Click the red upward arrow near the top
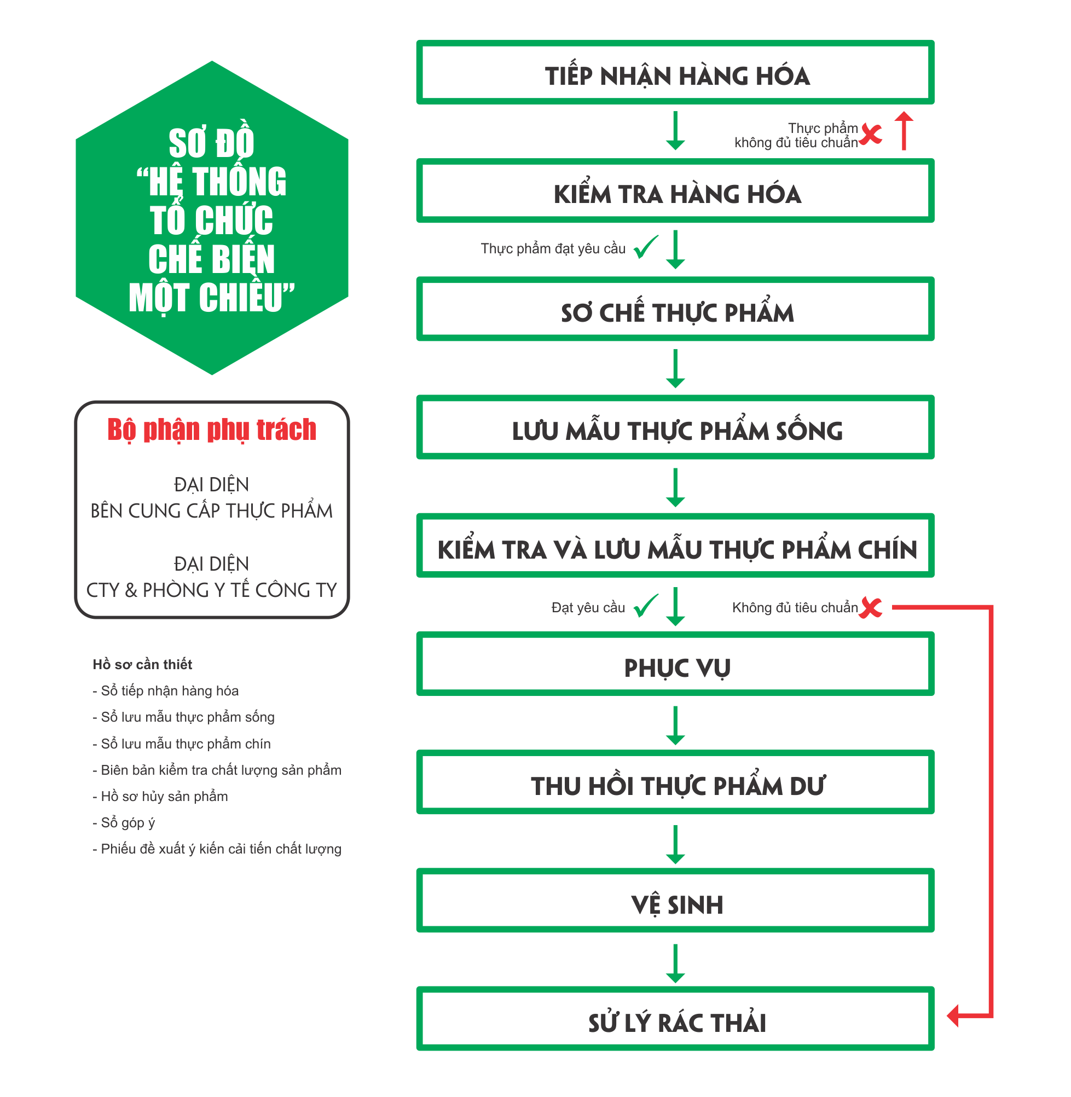[904, 131]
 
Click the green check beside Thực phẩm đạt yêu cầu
[646, 247]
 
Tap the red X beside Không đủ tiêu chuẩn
[871, 607]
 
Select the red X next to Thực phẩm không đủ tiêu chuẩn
[871, 134]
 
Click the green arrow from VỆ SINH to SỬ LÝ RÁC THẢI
[675, 963]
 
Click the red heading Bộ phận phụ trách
[212, 429]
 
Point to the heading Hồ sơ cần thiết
[142, 665]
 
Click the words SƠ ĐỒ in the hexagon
[211, 143]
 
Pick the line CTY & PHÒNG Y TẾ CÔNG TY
[211, 590]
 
